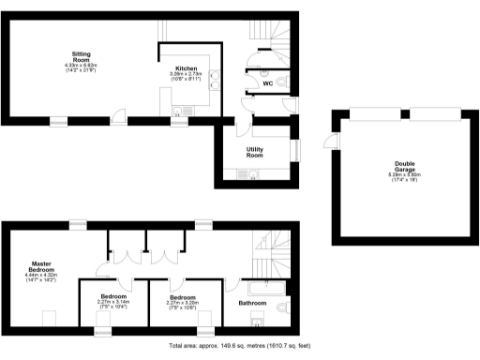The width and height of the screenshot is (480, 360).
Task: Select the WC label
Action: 267,83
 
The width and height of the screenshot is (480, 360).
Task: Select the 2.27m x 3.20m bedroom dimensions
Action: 184,304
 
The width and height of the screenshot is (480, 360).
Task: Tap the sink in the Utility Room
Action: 250,173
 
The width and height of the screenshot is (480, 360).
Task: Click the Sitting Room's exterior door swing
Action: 116,116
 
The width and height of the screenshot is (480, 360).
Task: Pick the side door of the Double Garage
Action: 328,141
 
